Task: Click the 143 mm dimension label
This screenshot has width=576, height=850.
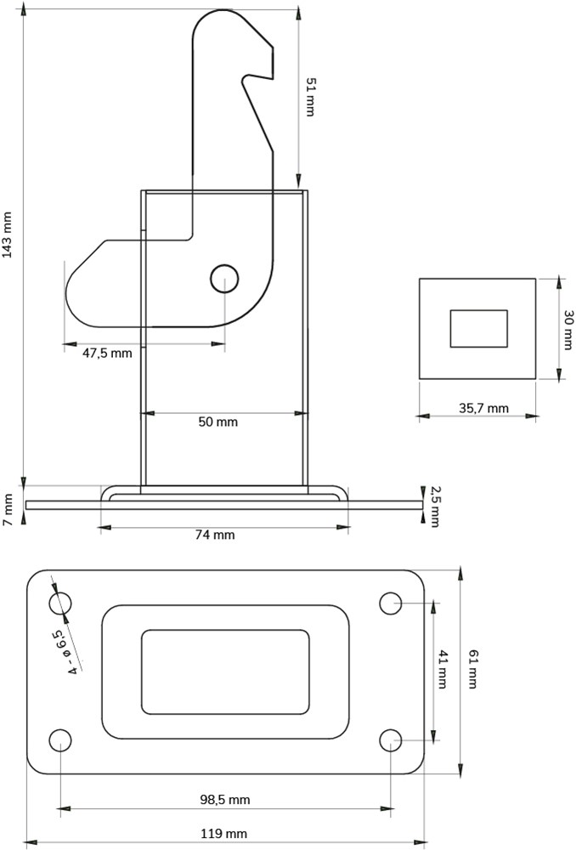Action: pos(7,235)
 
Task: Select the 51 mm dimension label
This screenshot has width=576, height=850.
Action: pos(310,97)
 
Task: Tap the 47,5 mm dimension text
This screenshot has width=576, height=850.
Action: pos(107,353)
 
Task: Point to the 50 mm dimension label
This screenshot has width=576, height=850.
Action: pos(217,422)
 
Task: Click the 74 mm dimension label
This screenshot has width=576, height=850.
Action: pos(215,535)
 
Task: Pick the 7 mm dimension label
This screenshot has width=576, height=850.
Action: pos(8,509)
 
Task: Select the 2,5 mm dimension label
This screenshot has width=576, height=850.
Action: pos(435,507)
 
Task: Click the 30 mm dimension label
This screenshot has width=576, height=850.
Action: pos(568,330)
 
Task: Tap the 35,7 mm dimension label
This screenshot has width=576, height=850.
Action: pos(484,408)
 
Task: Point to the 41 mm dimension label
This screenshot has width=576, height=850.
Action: pos(442,669)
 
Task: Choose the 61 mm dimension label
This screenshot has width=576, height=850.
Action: pos(472,669)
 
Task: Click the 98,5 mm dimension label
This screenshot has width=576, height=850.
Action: pos(225,800)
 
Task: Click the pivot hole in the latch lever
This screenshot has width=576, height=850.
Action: pos(224,279)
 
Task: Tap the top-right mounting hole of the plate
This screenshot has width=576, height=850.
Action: pos(390,603)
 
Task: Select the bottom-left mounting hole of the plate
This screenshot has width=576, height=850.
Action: pos(60,740)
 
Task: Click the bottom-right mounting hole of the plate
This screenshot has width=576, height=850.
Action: pos(390,740)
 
